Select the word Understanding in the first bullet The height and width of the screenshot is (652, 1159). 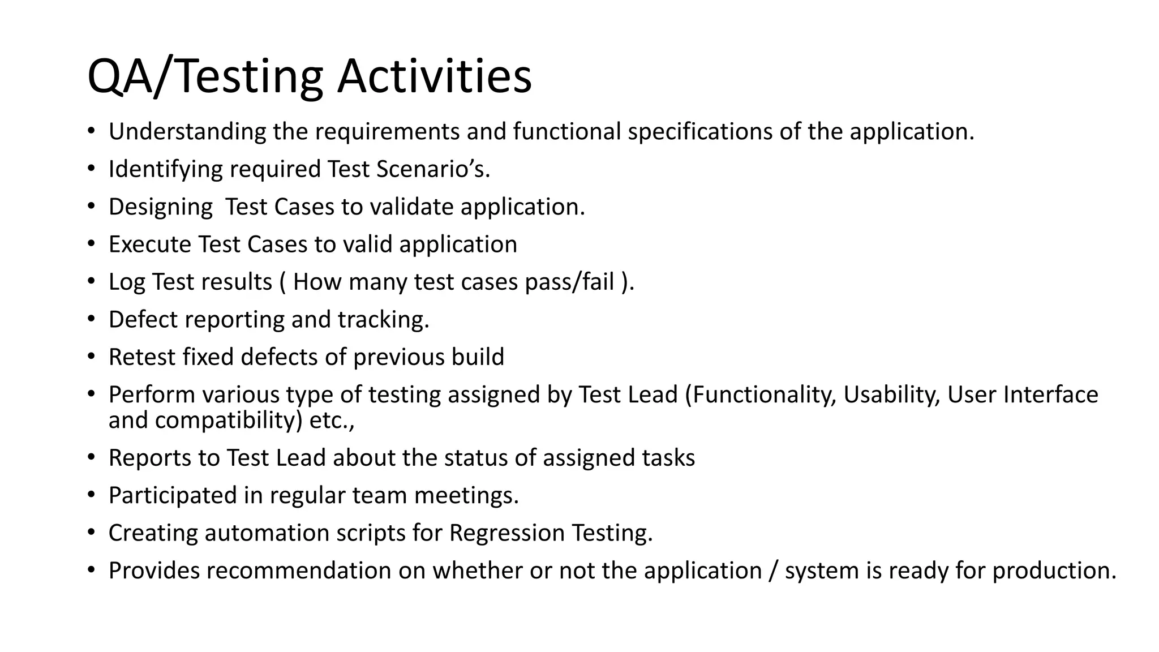click(x=187, y=131)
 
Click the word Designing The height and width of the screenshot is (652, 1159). click(x=160, y=207)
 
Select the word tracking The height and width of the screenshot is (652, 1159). click(x=383, y=320)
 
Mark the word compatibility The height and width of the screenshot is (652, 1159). click(x=229, y=420)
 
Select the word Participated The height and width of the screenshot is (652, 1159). click(x=173, y=495)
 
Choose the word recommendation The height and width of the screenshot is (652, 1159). click(x=298, y=570)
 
